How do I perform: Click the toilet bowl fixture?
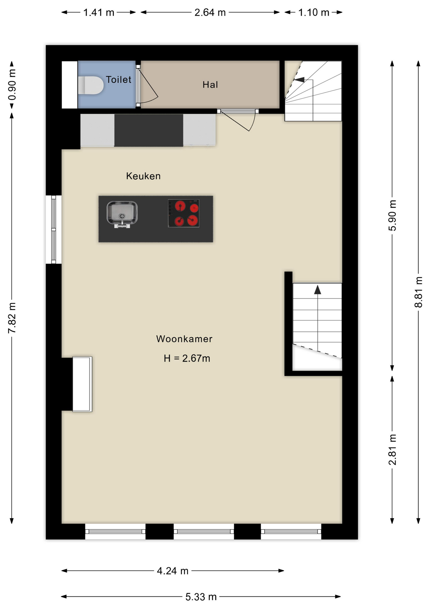click(x=91, y=85)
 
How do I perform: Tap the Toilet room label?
click(x=118, y=80)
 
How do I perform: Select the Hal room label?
click(x=210, y=85)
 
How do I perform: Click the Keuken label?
click(x=143, y=176)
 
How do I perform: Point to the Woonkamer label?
click(x=184, y=339)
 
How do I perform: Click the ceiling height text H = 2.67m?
click(x=187, y=358)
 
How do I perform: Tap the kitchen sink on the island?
click(x=122, y=213)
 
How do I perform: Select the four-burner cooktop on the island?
click(x=184, y=213)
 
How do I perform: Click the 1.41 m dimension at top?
click(x=98, y=12)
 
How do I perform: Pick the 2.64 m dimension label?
click(x=210, y=12)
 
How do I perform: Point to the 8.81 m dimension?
click(x=418, y=292)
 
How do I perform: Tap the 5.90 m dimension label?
click(x=392, y=215)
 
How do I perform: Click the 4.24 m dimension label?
click(x=173, y=571)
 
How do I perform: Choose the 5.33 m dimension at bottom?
click(x=201, y=597)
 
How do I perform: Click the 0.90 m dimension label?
click(x=12, y=85)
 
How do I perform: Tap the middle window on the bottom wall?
click(x=204, y=531)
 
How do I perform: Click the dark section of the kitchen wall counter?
click(x=149, y=130)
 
